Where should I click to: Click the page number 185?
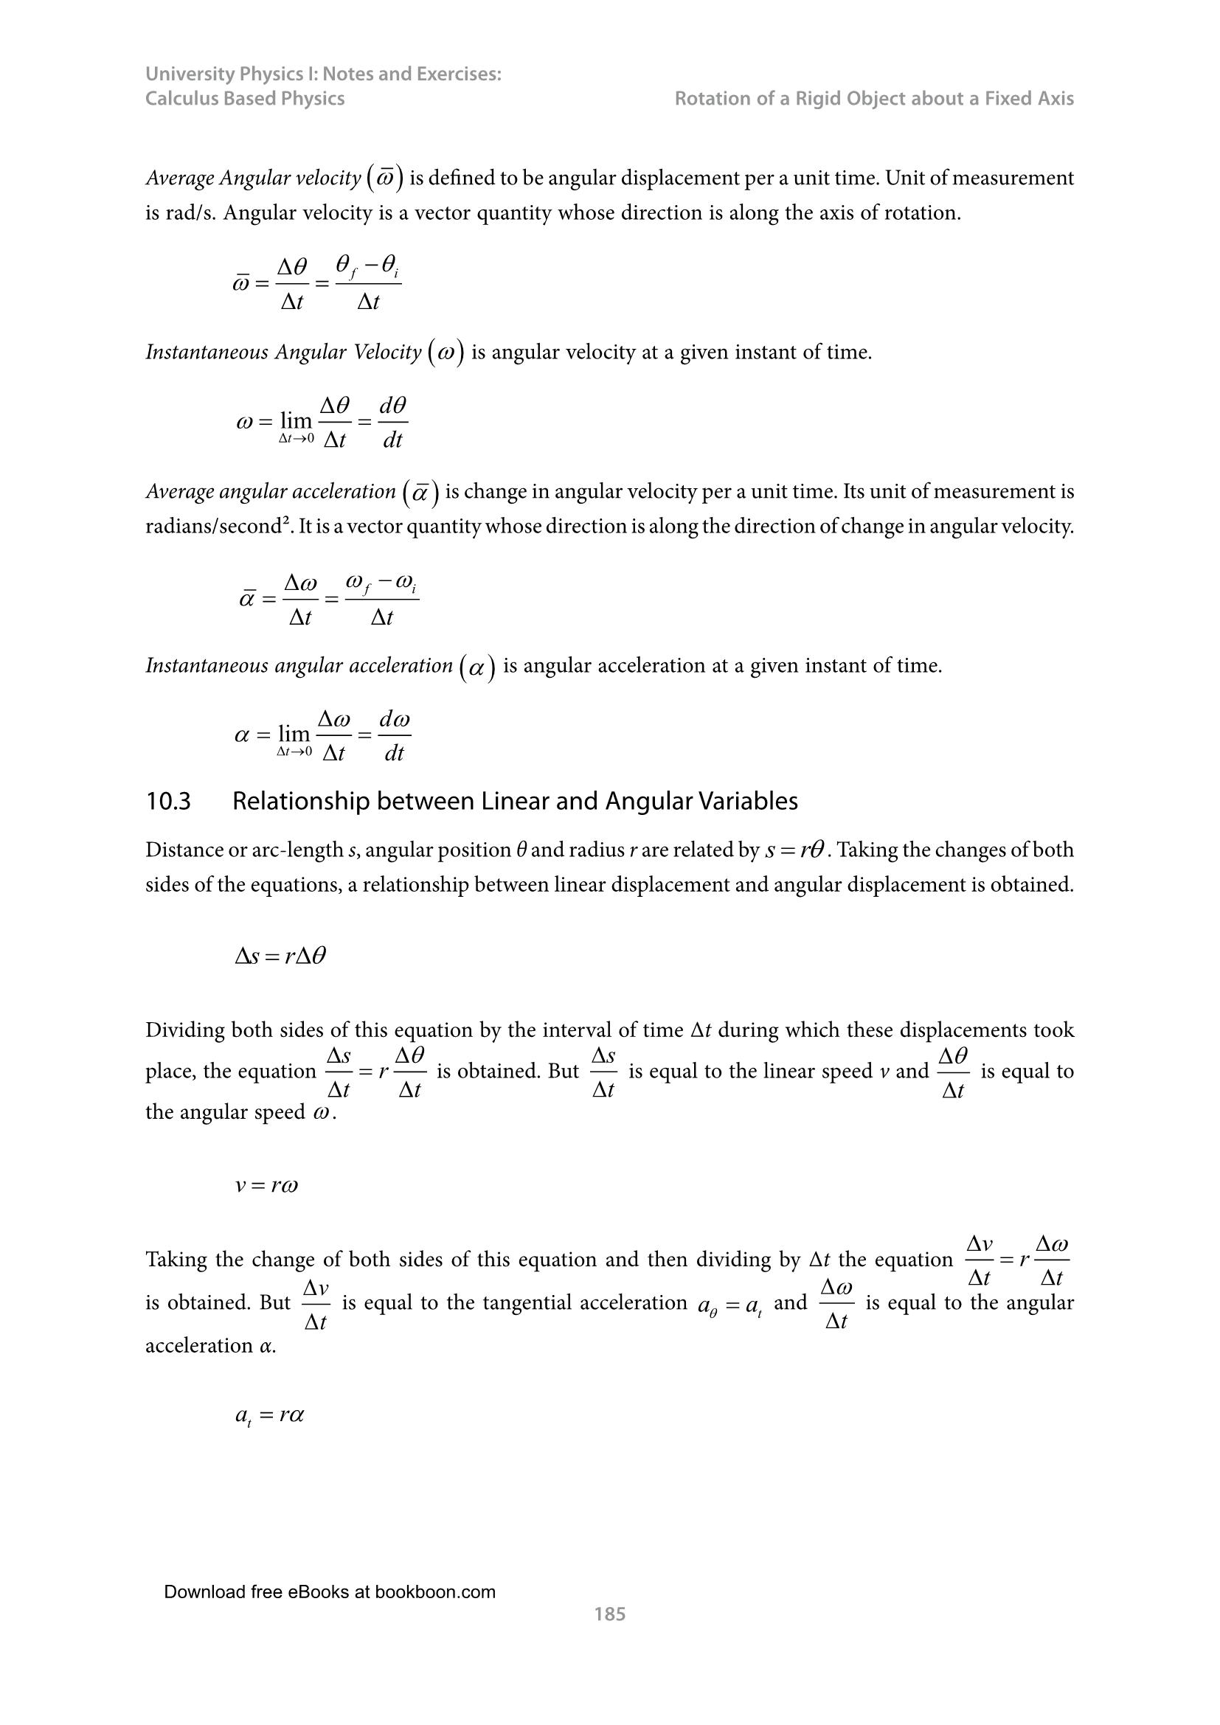click(x=609, y=1614)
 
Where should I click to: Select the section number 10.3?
click(x=168, y=802)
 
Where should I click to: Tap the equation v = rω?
click(x=267, y=1187)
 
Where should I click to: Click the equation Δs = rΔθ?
click(x=280, y=957)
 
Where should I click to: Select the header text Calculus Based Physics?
click(x=245, y=98)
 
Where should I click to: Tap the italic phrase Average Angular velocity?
click(x=253, y=178)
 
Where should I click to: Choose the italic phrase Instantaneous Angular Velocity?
click(x=283, y=353)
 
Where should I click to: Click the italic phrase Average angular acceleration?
click(x=271, y=492)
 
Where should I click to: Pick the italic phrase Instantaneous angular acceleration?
click(x=299, y=666)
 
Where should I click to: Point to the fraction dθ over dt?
click(x=393, y=423)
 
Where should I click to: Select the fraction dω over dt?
click(x=395, y=735)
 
